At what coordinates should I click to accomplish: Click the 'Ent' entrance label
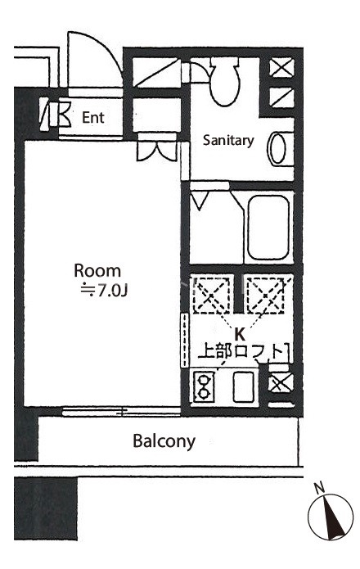pyautogui.click(x=93, y=118)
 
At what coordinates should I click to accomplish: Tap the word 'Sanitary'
pyautogui.click(x=228, y=141)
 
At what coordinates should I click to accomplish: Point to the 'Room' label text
pyautogui.click(x=97, y=271)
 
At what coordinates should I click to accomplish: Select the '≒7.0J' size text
pyautogui.click(x=104, y=291)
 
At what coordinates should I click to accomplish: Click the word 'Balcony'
pyautogui.click(x=164, y=441)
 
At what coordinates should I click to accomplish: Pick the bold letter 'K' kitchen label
pyautogui.click(x=239, y=333)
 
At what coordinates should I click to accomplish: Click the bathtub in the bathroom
pyautogui.click(x=268, y=228)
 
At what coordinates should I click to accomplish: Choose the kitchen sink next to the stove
pyautogui.click(x=244, y=386)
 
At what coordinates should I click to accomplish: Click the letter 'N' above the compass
pyautogui.click(x=319, y=489)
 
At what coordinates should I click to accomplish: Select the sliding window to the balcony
pyautogui.click(x=121, y=412)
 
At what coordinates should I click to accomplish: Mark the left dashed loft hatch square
pyautogui.click(x=212, y=296)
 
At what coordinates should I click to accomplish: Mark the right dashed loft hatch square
pyautogui.click(x=266, y=296)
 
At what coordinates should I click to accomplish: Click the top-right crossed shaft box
pyautogui.click(x=282, y=67)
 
